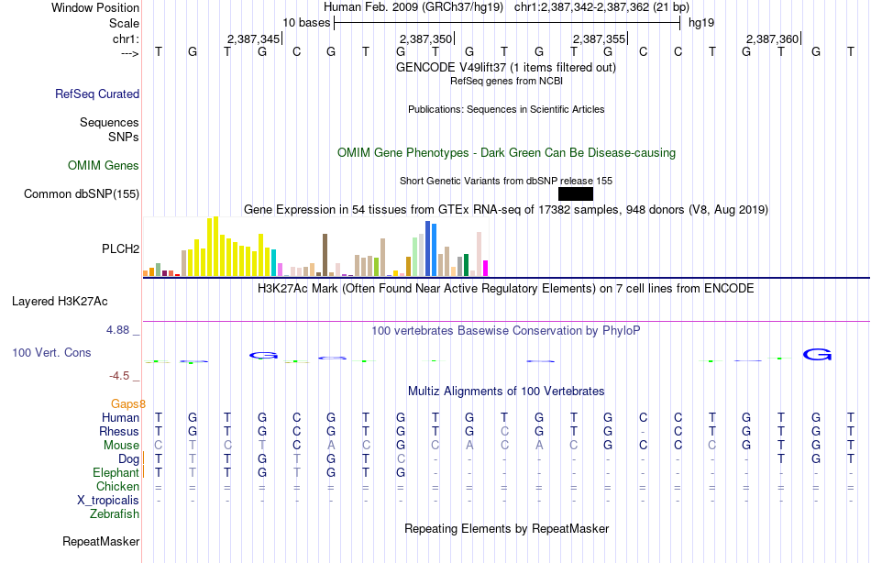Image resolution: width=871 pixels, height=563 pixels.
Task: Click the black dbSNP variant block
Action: [x=575, y=193]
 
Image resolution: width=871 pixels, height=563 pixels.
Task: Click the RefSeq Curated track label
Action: [x=97, y=94]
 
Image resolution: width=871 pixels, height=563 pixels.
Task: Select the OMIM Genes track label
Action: [x=104, y=166]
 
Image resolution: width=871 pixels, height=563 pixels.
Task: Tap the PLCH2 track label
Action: [x=120, y=248]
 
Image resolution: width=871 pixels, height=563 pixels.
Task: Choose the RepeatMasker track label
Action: [x=101, y=542]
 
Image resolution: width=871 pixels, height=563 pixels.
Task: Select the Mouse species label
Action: [x=121, y=445]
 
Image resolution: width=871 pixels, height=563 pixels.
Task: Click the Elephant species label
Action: [x=115, y=472]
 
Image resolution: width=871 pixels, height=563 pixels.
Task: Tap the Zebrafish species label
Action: [x=115, y=514]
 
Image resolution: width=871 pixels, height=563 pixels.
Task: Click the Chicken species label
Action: [x=117, y=486]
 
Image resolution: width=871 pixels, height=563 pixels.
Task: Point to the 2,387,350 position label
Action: [x=426, y=39]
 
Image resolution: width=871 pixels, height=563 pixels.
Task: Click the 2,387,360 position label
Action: [x=772, y=39]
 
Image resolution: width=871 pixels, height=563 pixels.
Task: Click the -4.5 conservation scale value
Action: [x=122, y=375]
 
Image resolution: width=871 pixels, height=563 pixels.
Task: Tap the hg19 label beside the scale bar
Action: [x=700, y=22]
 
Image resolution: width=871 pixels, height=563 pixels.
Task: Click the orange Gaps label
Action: [x=127, y=403]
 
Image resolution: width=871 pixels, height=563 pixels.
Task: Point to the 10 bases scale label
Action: [x=306, y=22]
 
